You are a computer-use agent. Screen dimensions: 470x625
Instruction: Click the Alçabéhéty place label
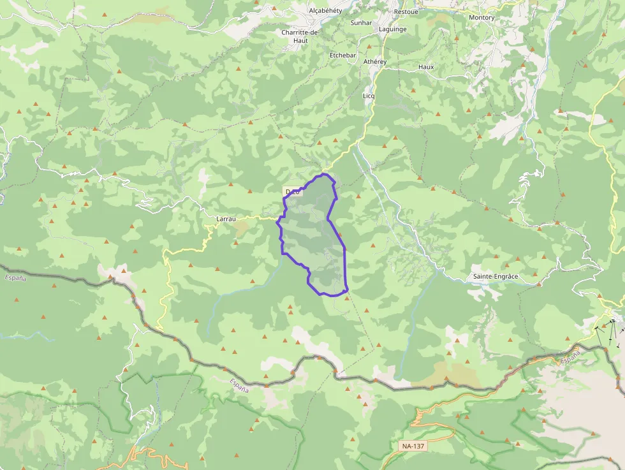325,11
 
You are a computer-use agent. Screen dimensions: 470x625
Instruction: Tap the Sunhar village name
361,23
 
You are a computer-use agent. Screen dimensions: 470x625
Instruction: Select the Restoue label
406,12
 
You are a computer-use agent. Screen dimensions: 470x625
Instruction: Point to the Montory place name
482,18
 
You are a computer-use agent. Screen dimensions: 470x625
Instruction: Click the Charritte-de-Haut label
301,36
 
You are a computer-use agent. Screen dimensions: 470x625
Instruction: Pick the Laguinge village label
392,29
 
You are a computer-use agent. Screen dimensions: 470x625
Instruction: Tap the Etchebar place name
342,55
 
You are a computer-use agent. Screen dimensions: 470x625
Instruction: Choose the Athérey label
375,62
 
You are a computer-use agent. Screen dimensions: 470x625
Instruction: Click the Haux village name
426,67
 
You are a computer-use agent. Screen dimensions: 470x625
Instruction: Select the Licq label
369,96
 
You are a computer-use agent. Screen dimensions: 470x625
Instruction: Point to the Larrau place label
226,219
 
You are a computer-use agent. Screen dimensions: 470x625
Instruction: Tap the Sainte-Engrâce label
496,277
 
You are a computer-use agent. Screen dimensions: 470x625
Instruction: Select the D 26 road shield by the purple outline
290,192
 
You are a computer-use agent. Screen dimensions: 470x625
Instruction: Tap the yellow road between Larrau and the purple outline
261,217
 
